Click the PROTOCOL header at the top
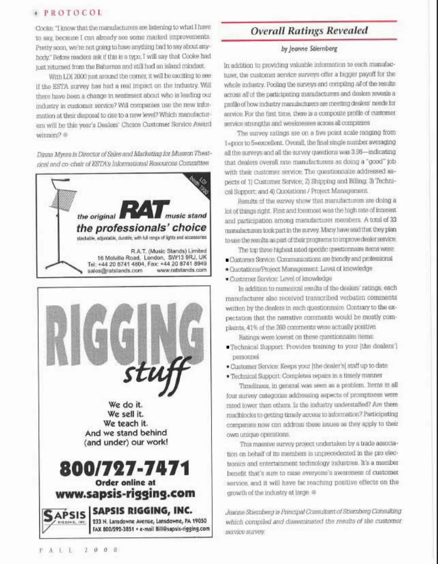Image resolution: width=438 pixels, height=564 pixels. [73, 13]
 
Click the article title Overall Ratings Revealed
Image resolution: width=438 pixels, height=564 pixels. [309, 31]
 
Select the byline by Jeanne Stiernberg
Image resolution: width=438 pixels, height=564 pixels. [309, 49]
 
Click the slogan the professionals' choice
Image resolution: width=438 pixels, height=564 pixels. [141, 228]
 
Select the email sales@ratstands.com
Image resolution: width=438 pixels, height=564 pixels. [115, 271]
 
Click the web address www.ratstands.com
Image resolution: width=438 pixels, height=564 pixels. [181, 271]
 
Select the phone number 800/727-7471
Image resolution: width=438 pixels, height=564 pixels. [125, 468]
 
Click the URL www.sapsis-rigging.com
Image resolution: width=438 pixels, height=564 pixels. [125, 494]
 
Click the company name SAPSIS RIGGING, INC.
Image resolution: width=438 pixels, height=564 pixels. [142, 511]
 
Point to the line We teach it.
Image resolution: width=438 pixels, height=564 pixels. [125, 423]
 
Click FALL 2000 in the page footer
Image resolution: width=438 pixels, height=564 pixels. [78, 549]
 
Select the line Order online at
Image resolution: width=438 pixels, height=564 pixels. [125, 483]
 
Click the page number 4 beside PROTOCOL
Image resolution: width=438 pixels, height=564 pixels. [36, 13]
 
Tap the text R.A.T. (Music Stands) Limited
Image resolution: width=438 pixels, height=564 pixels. [168, 251]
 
